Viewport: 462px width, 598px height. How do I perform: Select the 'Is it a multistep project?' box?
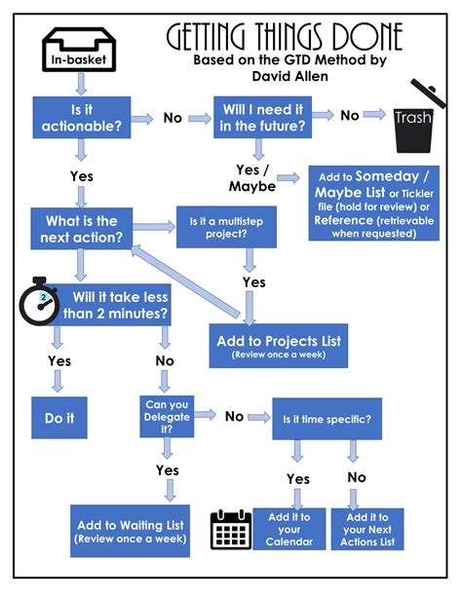point(223,230)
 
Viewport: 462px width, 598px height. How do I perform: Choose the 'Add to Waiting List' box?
point(130,532)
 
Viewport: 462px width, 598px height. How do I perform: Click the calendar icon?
point(232,530)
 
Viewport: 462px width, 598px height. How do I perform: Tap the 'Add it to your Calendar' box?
point(289,530)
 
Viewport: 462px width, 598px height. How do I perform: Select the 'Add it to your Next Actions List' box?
point(368,530)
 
